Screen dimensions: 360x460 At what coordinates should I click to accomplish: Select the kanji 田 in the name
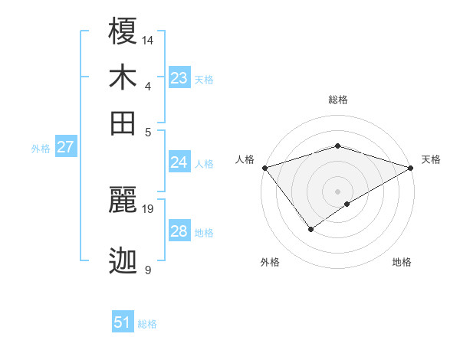[123, 123]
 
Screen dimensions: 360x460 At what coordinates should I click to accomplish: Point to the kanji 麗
[123, 199]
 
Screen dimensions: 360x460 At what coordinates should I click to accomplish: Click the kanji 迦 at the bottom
[123, 261]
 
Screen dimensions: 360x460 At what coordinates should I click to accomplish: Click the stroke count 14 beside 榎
[148, 39]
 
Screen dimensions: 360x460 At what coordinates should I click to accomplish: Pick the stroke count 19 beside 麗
[148, 208]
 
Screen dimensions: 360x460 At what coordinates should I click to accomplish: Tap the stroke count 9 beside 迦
[148, 270]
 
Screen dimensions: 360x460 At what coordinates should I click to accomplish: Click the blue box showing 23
[179, 78]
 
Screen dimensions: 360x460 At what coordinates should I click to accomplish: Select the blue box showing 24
[179, 162]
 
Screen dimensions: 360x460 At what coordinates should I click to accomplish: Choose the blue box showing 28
[179, 231]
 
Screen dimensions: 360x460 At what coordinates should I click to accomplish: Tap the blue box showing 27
[65, 147]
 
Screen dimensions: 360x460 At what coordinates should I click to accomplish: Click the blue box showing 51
[123, 322]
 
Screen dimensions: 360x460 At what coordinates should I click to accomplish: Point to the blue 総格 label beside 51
[147, 324]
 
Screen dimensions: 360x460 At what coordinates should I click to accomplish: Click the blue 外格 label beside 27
[41, 149]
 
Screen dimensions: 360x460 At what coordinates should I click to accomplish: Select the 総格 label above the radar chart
[337, 100]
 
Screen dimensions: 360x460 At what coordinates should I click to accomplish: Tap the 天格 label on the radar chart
[431, 159]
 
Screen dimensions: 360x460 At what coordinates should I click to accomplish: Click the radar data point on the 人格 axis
[264, 168]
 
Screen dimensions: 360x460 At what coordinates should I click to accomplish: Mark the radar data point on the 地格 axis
[347, 204]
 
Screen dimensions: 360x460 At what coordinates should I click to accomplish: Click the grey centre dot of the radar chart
[337, 190]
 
